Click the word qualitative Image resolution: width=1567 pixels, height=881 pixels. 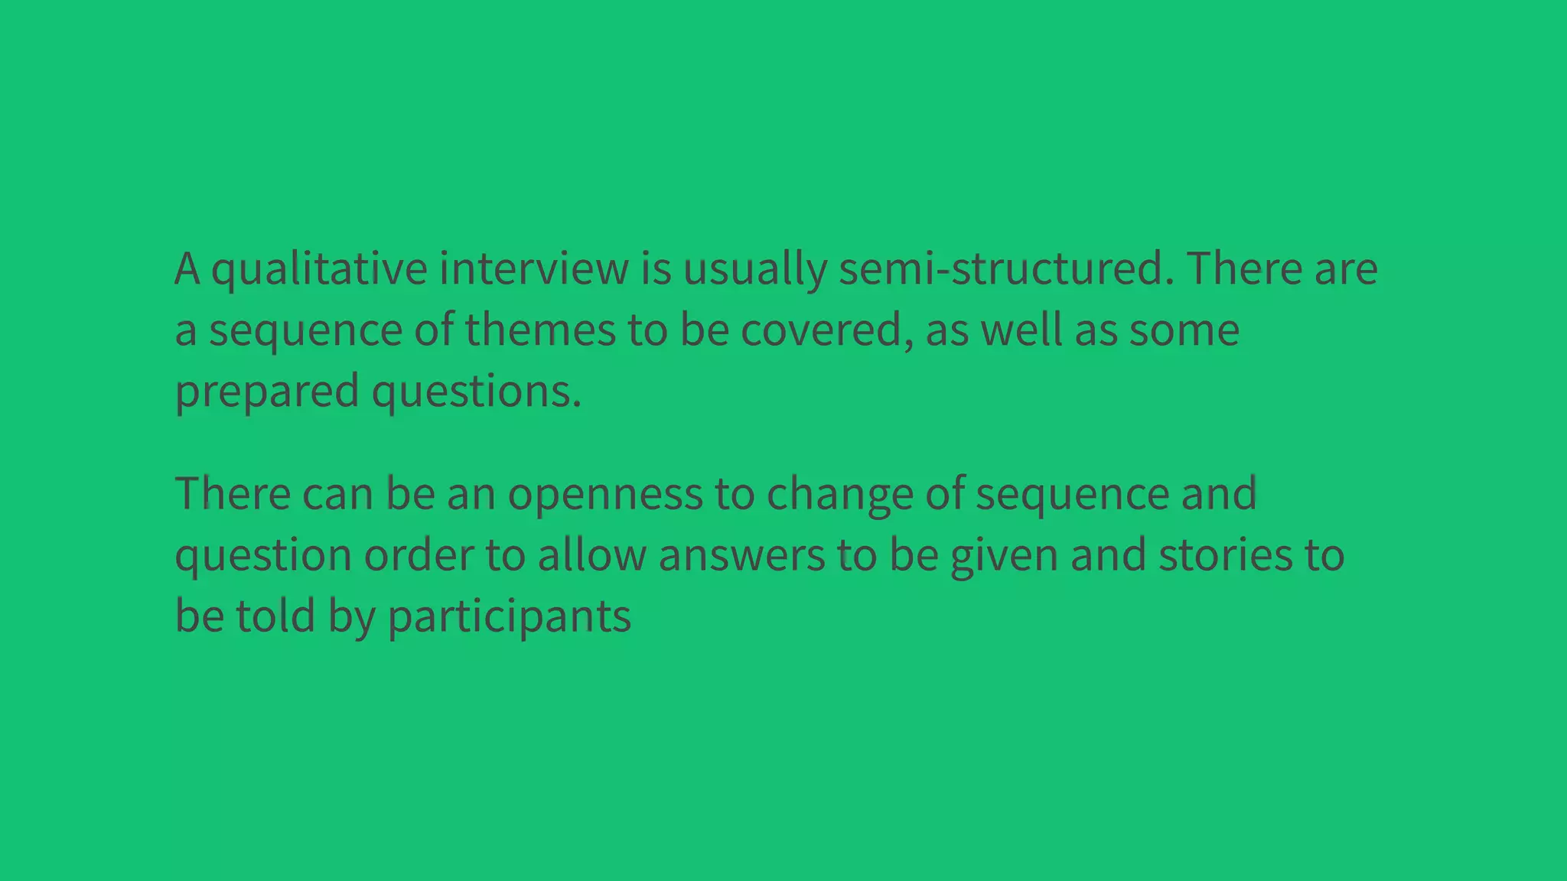tap(318, 269)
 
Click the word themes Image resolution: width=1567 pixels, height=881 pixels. tap(539, 330)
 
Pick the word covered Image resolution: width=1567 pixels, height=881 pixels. tap(826, 330)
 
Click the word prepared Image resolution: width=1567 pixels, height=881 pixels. tap(267, 392)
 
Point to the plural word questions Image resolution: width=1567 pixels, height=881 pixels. tap(476, 392)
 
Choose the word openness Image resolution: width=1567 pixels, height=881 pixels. tap(604, 494)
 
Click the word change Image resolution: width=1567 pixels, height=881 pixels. tap(839, 494)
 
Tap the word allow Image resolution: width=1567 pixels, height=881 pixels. tap(591, 555)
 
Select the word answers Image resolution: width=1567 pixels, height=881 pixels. tap(741, 555)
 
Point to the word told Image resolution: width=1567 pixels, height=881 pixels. tap(275, 616)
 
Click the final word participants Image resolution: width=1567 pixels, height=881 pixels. tap(509, 616)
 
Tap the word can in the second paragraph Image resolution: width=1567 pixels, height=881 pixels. tap(326, 494)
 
